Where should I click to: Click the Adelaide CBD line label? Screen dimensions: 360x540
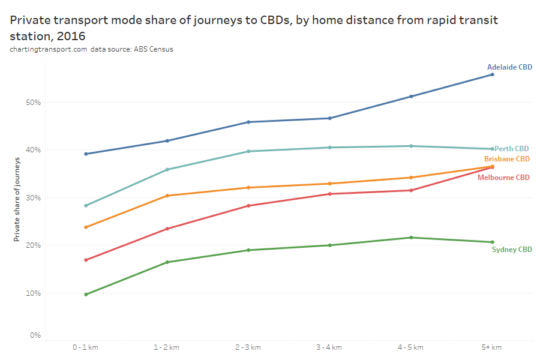[x=509, y=67]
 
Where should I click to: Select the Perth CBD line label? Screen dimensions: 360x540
[x=512, y=148]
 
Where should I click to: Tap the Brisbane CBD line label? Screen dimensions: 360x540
[x=507, y=159]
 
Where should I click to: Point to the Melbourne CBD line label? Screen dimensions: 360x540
[x=503, y=178]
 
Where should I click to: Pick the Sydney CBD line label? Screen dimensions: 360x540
[x=512, y=250]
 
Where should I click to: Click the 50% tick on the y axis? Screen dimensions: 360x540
[x=33, y=102]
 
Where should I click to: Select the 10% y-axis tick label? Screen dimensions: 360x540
[x=33, y=293]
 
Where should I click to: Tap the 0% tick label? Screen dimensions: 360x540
[x=35, y=335]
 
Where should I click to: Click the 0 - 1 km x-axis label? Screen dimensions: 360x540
[x=86, y=347]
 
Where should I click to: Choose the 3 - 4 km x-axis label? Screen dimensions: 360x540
[x=329, y=347]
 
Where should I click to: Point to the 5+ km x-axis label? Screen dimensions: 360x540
[x=492, y=347]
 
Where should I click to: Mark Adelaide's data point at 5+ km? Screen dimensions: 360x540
[x=492, y=74]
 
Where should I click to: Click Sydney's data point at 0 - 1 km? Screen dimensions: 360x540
[x=86, y=295]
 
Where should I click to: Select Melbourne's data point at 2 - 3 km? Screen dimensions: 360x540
[x=248, y=206]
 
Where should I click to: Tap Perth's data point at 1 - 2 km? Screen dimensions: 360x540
[x=167, y=170]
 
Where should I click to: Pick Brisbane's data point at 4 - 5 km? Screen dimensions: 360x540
[x=411, y=178]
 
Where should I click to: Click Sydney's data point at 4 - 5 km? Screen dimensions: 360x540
[x=411, y=238]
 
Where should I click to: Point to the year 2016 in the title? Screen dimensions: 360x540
[x=68, y=35]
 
